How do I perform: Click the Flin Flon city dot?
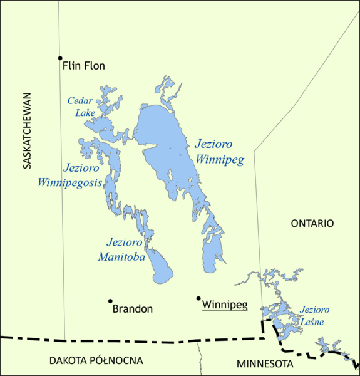point(61,58)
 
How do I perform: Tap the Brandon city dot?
point(110,301)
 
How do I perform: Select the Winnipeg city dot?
point(198,298)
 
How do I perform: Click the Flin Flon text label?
point(84,65)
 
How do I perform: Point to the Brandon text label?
point(132,308)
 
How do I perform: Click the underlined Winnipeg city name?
point(225,305)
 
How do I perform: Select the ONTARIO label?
point(312,223)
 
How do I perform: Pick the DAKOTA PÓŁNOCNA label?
point(96,360)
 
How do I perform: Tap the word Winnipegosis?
point(69,183)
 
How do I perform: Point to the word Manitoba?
point(121,256)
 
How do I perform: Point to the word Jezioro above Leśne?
point(315,310)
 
